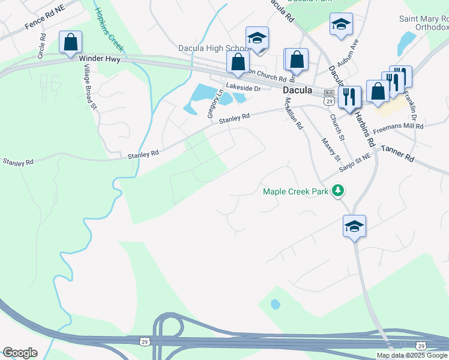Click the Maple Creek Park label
tap(297, 191)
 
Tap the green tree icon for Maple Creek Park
tap(339, 191)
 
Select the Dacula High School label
tap(214, 48)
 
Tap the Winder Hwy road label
tap(100, 59)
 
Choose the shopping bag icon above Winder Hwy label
tap(70, 43)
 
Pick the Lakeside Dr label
tap(243, 88)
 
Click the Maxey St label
tap(331, 149)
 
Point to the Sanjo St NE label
tap(356, 161)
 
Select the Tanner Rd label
tap(397, 154)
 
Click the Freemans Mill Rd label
tap(398, 127)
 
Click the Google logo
tap(20, 353)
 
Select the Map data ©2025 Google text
tap(412, 355)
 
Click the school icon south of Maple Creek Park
tap(355, 227)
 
